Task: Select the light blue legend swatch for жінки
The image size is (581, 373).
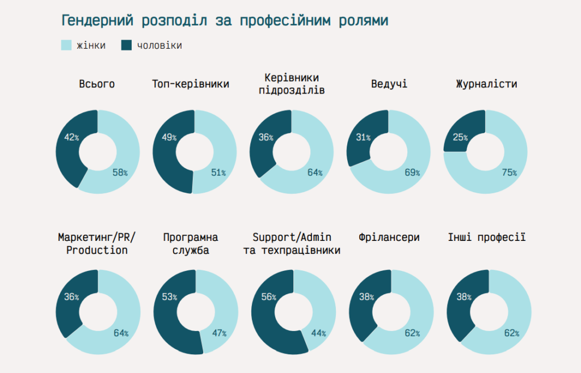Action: tap(66, 45)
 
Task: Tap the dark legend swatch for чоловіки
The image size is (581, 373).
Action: tap(127, 45)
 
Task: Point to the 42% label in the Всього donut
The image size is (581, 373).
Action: tap(71, 138)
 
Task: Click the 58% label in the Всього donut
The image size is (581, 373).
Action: tap(120, 172)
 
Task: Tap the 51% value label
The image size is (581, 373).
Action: tap(218, 172)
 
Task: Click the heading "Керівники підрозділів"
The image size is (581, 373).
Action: tap(292, 83)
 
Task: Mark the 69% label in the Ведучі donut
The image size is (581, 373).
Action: tap(412, 172)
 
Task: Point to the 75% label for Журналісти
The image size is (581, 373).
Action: tap(509, 172)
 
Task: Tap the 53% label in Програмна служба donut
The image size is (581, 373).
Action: tap(170, 297)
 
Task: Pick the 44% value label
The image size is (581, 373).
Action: tap(318, 333)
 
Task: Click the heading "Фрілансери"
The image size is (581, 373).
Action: tap(389, 237)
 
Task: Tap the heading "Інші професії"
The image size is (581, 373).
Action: tap(487, 237)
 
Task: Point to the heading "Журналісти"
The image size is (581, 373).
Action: tap(487, 84)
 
